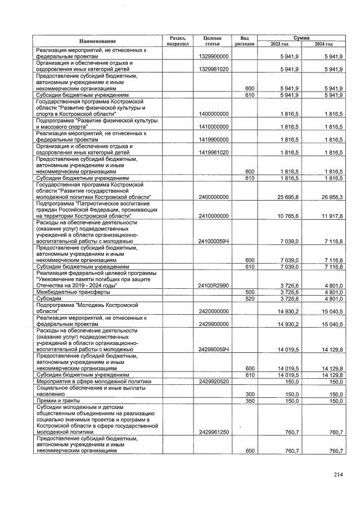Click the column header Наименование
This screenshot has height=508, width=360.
pos(97,41)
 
